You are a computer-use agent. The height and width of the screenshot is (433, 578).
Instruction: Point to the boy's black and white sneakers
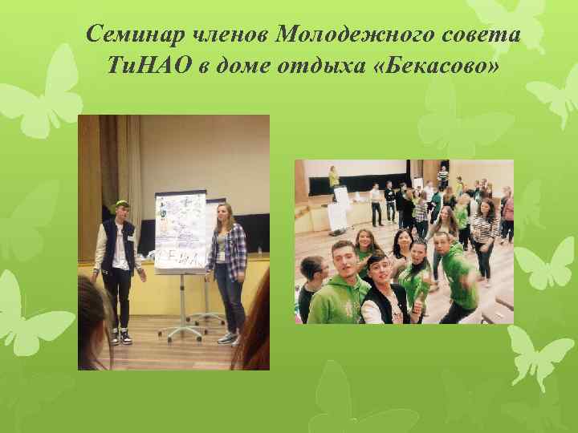click(120, 335)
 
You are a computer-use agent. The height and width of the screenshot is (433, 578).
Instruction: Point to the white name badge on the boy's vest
click(128, 241)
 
